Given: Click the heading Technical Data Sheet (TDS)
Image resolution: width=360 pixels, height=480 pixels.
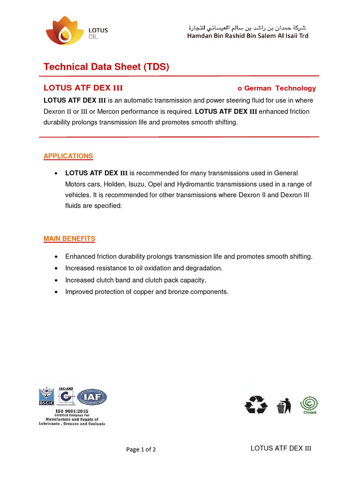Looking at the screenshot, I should (106, 67).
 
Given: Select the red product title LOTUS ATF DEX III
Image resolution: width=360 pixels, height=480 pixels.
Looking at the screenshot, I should (83, 88).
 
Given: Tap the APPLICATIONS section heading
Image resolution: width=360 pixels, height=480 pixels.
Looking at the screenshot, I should (68, 156).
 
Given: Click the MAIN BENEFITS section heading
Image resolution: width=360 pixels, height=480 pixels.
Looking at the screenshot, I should (69, 239).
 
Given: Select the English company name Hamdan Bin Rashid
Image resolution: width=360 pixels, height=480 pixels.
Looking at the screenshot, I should (247, 36).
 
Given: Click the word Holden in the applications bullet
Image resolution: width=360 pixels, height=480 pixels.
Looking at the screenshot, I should (114, 184).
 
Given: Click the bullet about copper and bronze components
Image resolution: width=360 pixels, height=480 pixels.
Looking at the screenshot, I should (147, 292).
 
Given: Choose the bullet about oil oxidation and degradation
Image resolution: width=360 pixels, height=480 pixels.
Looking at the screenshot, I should (143, 268).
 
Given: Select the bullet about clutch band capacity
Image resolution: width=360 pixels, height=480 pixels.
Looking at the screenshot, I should (135, 280).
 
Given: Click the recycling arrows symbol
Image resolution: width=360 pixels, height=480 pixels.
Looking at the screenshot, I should (255, 405).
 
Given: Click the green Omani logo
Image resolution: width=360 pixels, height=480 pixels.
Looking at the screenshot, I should (309, 405).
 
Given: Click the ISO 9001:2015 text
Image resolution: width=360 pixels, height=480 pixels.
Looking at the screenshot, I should (72, 411).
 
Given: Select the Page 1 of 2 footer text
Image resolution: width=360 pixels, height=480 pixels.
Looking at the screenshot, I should (141, 449).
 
